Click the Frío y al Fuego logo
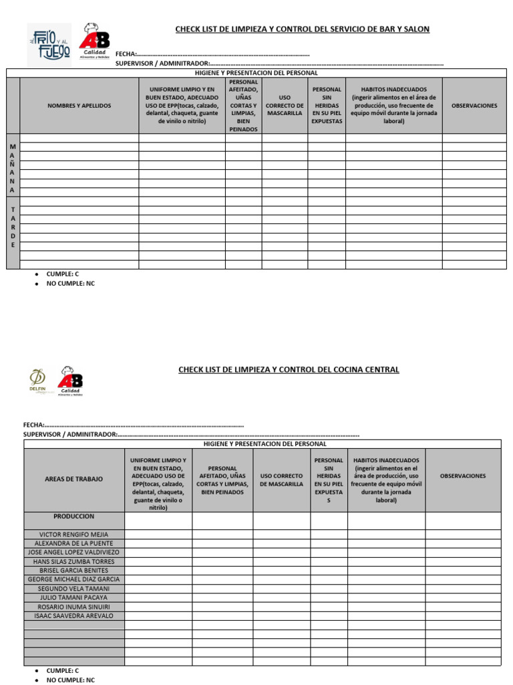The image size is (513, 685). pos(49,44)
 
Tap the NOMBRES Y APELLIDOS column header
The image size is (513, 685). pos(79,106)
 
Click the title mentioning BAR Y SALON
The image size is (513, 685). pos(302,29)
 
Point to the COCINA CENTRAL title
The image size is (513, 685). pos(289,369)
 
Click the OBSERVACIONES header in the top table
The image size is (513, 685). pos(474,106)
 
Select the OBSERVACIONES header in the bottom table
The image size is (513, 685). pos(463,476)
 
